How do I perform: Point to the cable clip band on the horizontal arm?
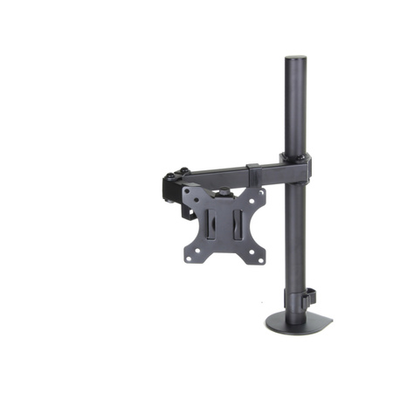point(252,172)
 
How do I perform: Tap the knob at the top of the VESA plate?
point(224,190)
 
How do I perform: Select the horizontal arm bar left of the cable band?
point(218,176)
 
